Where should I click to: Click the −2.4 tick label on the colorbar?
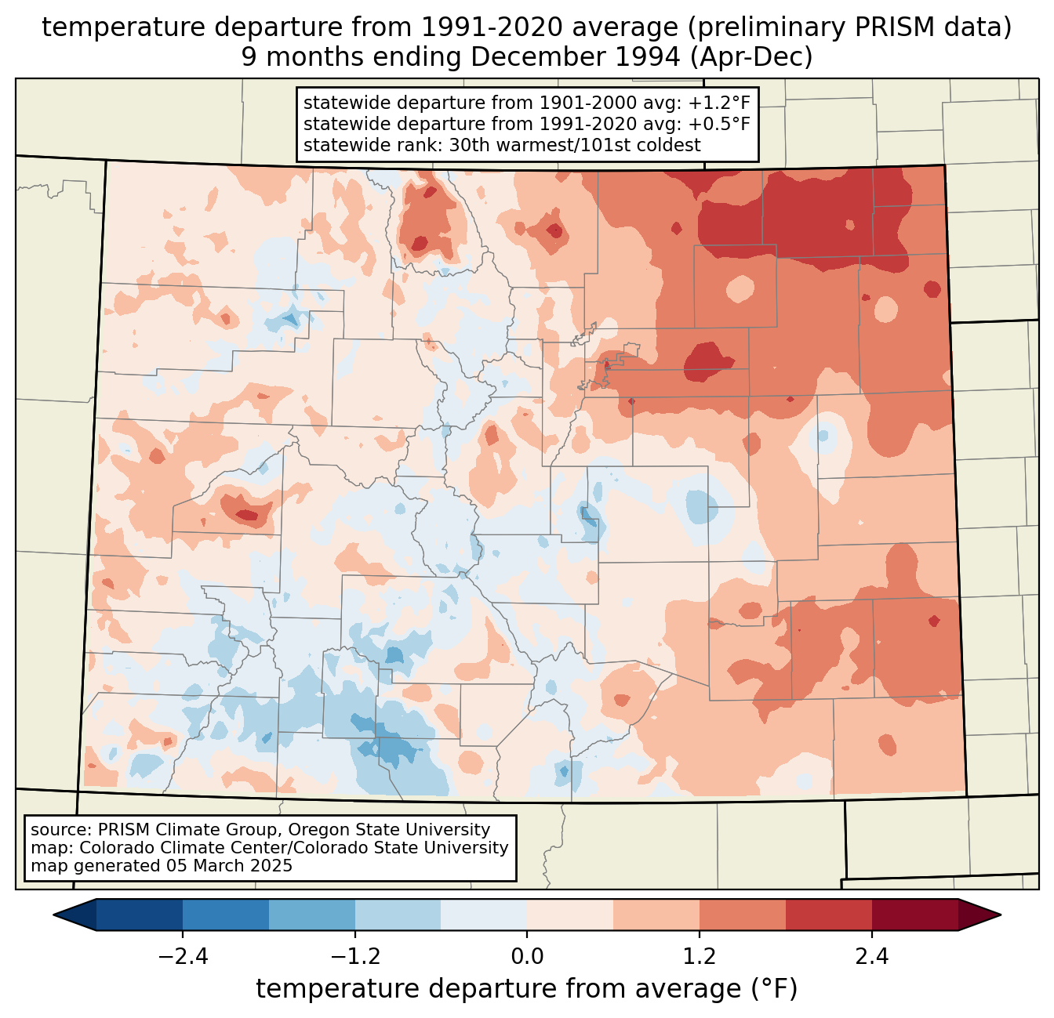click(x=183, y=957)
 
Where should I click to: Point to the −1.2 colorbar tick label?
click(x=354, y=957)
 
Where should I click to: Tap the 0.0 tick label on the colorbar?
click(x=527, y=957)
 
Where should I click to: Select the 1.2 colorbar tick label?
click(x=700, y=957)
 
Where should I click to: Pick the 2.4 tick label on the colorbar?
click(x=872, y=957)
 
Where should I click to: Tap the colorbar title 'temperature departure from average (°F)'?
click(x=527, y=989)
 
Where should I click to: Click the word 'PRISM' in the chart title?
click(x=875, y=27)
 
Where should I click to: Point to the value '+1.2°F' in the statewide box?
click(x=719, y=103)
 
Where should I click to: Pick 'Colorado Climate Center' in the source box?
click(x=169, y=848)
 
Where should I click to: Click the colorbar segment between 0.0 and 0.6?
click(x=570, y=915)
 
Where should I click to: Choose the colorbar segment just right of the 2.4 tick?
click(x=914, y=915)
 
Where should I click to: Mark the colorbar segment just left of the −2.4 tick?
click(x=140, y=915)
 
